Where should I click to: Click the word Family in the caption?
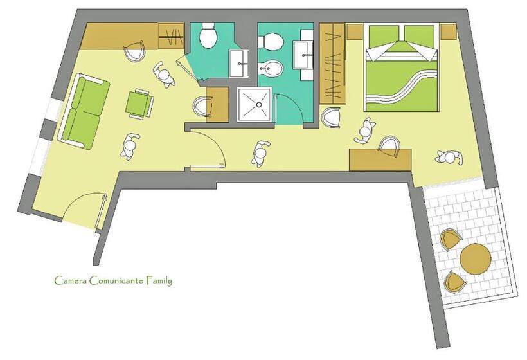pyautogui.click(x=159, y=281)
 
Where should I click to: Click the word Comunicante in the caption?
pyautogui.click(x=116, y=280)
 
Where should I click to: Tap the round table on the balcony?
pyautogui.click(x=475, y=259)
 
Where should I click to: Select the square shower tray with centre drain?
pyautogui.click(x=255, y=105)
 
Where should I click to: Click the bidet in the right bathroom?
pyautogui.click(x=271, y=69)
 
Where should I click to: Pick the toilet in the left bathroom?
pyautogui.click(x=208, y=35)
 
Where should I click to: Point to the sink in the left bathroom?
pyautogui.click(x=239, y=64)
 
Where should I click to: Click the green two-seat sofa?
pyautogui.click(x=84, y=112)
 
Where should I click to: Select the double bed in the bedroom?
pyautogui.click(x=402, y=67)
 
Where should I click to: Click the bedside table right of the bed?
pyautogui.click(x=448, y=32)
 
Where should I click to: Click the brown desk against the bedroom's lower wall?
pyautogui.click(x=380, y=160)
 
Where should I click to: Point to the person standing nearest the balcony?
pyautogui.click(x=449, y=157)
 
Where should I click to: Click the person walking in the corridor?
pyautogui.click(x=260, y=154)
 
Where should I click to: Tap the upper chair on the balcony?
pyautogui.click(x=451, y=239)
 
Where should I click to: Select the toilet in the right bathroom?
pyautogui.click(x=271, y=41)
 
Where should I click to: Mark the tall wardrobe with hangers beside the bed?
pyautogui.click(x=332, y=63)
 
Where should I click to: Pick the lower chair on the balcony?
pyautogui.click(x=455, y=282)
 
